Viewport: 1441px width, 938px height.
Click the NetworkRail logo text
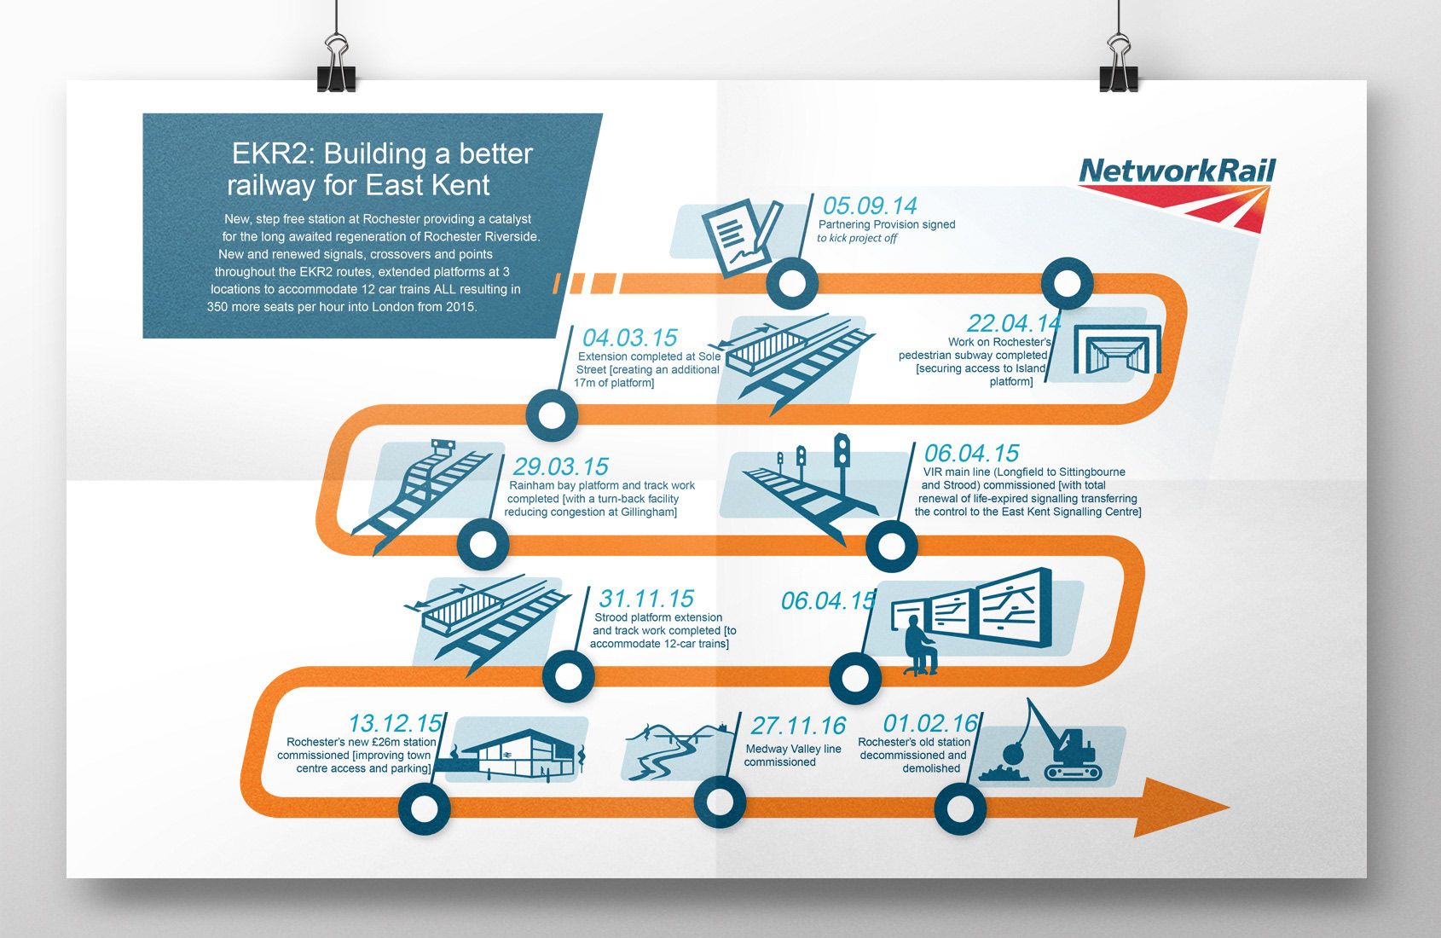pos(1177,171)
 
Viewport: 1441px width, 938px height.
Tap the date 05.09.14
pos(869,206)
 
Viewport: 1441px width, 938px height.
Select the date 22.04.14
pos(1013,323)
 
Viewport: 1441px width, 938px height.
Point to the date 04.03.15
pos(629,338)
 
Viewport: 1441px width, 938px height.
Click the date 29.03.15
pos(560,466)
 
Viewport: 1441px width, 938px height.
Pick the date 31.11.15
pos(646,599)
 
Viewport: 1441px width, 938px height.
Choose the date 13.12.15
pos(395,723)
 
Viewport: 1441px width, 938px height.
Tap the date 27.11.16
pos(798,726)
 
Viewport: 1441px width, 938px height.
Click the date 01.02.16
pos(929,724)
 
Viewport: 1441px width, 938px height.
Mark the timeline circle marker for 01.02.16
pos(960,808)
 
